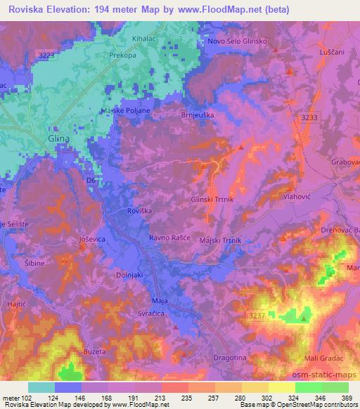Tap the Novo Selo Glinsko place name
236,41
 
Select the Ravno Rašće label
169,239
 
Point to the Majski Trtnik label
221,240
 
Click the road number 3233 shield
309,119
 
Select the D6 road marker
90,181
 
